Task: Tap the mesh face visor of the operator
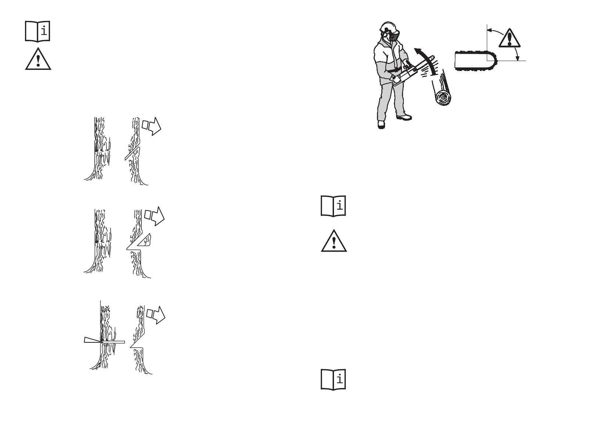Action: pos(394,36)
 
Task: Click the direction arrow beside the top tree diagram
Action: pos(152,126)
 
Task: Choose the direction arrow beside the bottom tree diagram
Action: pos(156,314)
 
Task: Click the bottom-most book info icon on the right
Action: pos(334,379)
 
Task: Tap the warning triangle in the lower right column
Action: pos(334,242)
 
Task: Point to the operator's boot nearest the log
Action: pos(404,118)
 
